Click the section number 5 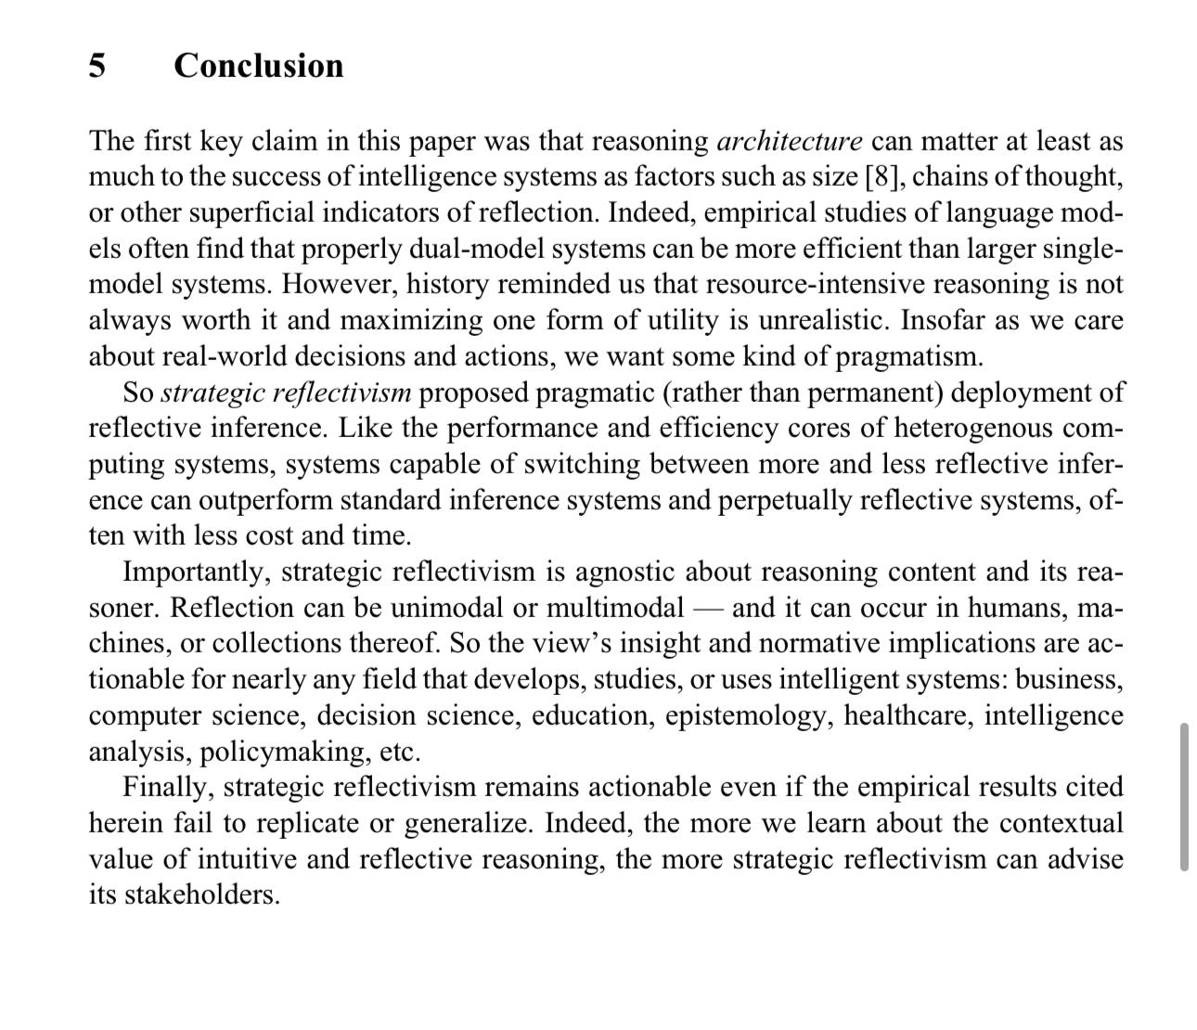[x=97, y=66]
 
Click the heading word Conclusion [x=258, y=66]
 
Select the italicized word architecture [x=790, y=141]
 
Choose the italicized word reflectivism [x=349, y=393]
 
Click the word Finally [x=169, y=787]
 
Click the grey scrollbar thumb [x=1184, y=796]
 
